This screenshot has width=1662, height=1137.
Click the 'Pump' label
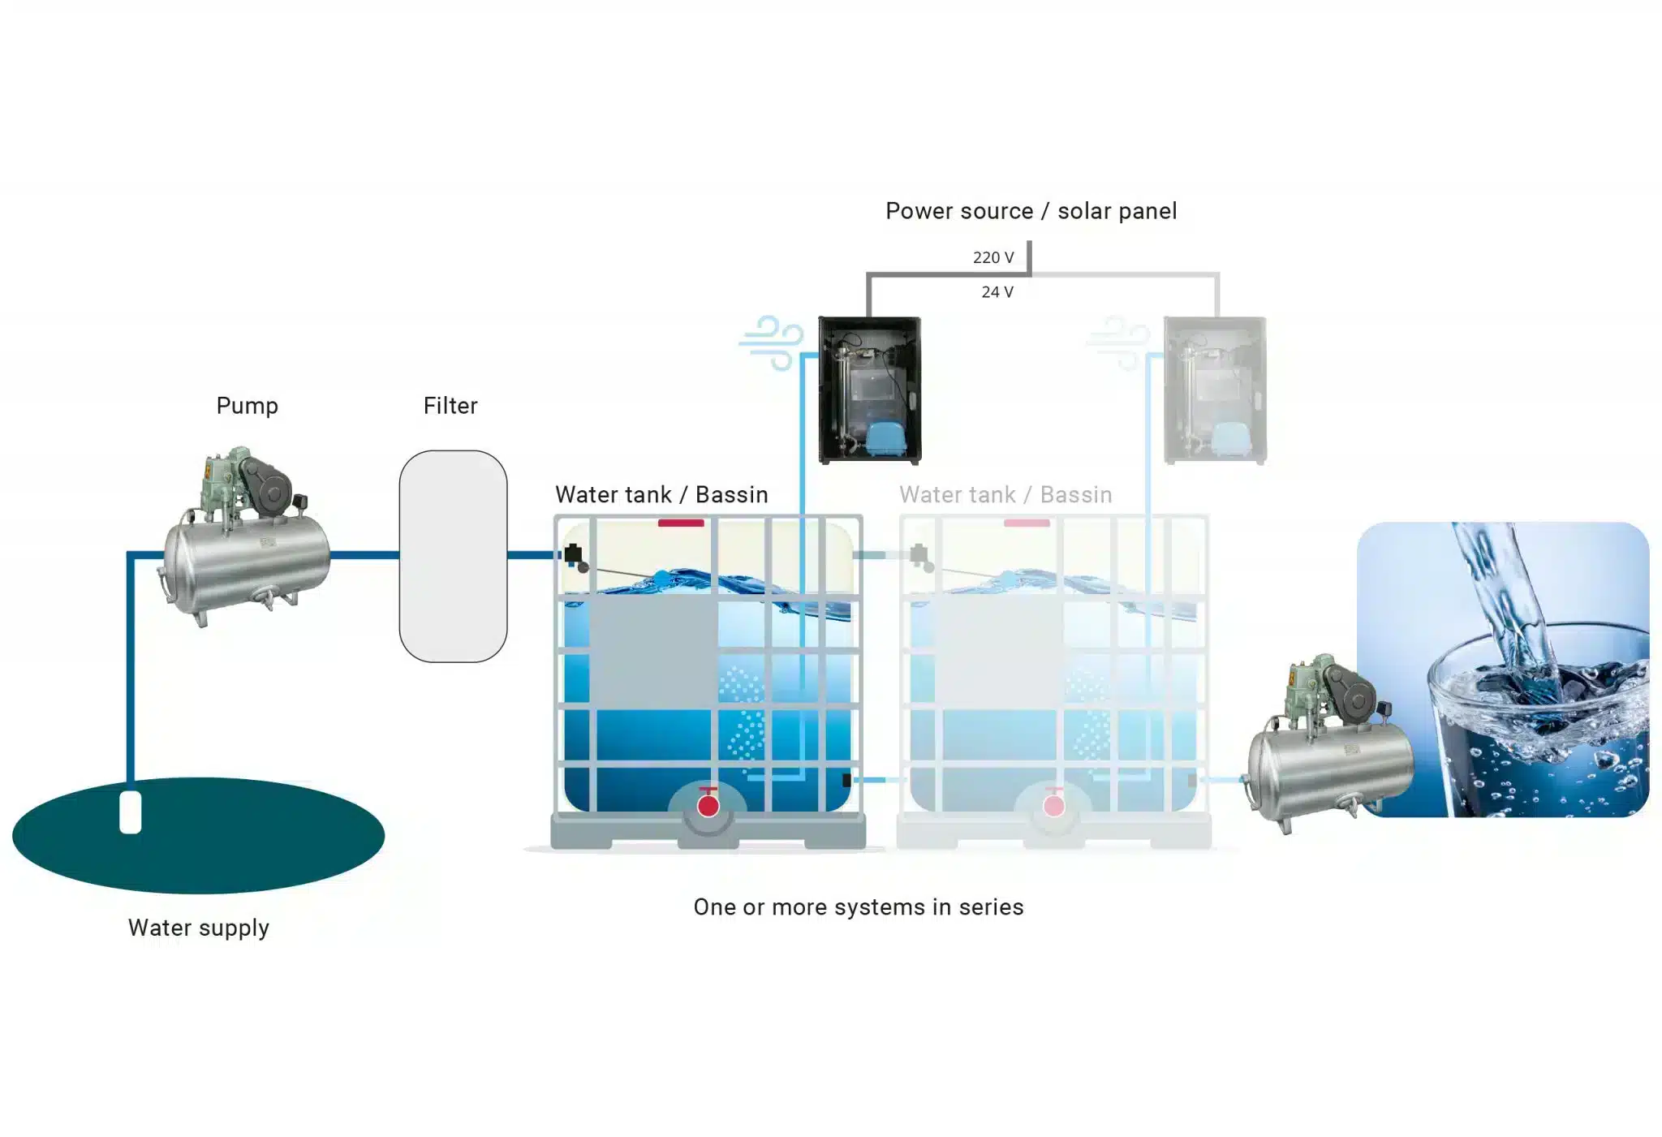point(247,406)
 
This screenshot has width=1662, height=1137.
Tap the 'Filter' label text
point(450,406)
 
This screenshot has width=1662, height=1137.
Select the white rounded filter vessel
point(453,557)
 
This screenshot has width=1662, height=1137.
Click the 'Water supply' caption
point(199,928)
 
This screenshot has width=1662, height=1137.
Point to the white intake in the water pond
point(131,812)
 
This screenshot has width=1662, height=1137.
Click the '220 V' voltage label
point(993,258)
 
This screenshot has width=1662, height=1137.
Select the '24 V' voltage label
point(997,292)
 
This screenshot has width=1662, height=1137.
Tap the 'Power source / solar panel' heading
point(1031,211)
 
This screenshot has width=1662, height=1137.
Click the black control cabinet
point(869,390)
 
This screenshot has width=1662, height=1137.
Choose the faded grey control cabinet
point(1215,390)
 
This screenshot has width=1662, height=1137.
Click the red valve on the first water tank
point(708,805)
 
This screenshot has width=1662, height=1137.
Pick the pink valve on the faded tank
point(1053,805)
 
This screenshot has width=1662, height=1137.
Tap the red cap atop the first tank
point(681,523)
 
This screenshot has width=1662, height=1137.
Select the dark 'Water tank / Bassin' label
point(661,495)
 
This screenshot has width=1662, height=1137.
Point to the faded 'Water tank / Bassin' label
point(1005,495)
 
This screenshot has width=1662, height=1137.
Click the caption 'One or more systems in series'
point(859,907)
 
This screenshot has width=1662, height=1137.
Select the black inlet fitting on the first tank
point(573,554)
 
